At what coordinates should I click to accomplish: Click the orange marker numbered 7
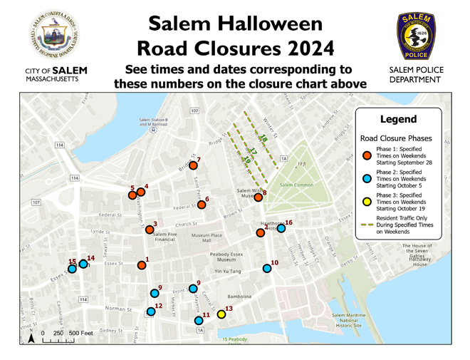pyautogui.click(x=193, y=165)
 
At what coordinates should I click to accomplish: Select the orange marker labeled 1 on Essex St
pyautogui.click(x=142, y=265)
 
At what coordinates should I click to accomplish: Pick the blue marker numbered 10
pyautogui.click(x=267, y=269)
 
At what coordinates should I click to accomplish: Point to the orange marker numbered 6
pyautogui.click(x=202, y=205)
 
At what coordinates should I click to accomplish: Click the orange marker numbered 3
pyautogui.click(x=150, y=230)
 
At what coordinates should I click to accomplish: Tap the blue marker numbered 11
pyautogui.click(x=199, y=321)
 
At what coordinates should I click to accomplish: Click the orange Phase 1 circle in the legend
pyautogui.click(x=367, y=156)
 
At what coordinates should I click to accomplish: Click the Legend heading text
pyautogui.click(x=398, y=119)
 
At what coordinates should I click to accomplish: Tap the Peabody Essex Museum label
pyautogui.click(x=227, y=258)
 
